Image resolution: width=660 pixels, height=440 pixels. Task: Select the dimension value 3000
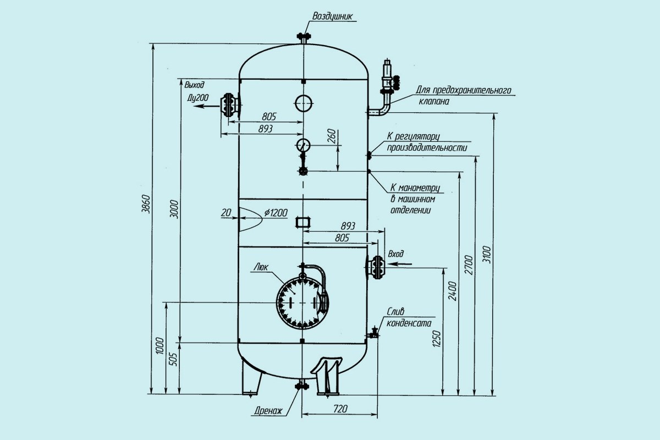(x=174, y=208)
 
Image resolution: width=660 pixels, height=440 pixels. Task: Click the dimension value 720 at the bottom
(x=341, y=409)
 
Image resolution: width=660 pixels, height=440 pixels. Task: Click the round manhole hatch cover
(x=301, y=302)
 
